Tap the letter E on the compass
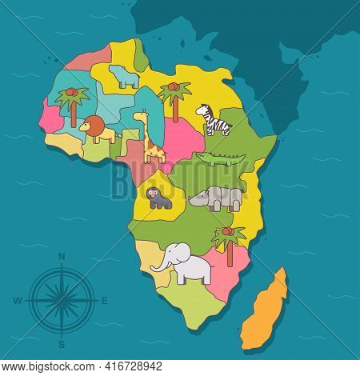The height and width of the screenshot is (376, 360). point(105,301)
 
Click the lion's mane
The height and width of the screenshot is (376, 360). point(91,126)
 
